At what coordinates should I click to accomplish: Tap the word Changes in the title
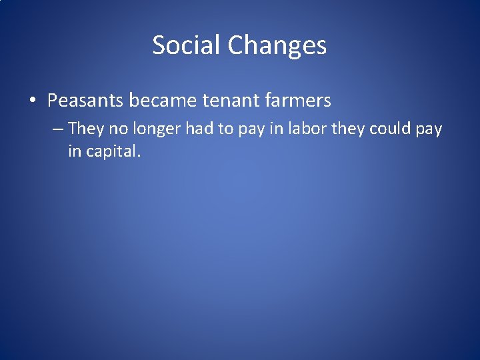click(x=277, y=45)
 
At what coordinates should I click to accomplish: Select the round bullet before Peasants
click(x=33, y=101)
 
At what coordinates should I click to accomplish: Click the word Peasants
click(x=85, y=101)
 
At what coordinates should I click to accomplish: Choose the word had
click(x=199, y=129)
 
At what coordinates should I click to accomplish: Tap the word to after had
click(x=224, y=129)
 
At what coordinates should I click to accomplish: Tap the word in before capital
click(x=73, y=151)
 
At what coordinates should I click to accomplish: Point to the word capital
click(x=112, y=151)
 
